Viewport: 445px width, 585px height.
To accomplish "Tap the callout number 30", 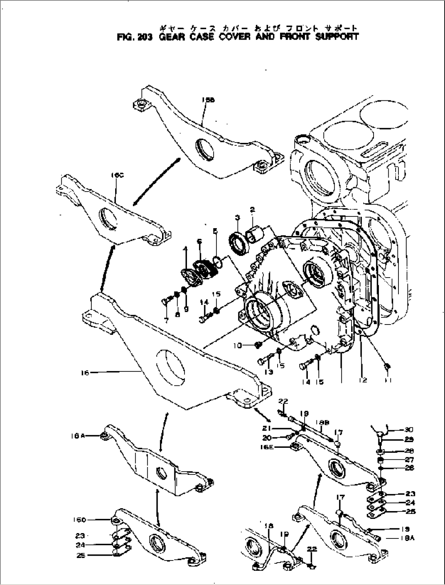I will point(409,429).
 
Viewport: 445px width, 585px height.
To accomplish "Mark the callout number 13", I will point(268,372).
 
